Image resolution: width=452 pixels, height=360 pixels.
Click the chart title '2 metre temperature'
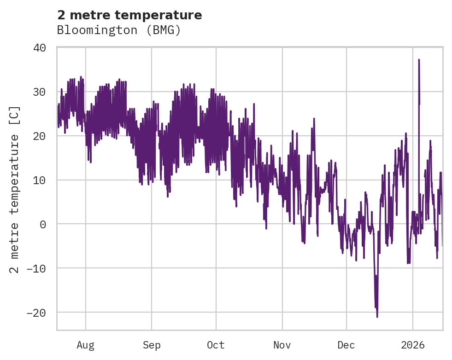129,15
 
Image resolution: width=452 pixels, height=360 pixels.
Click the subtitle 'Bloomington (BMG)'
119,30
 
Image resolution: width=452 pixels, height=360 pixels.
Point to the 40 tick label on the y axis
40,48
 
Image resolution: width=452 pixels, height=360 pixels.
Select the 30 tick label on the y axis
40,92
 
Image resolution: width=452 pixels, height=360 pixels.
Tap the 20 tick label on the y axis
40,136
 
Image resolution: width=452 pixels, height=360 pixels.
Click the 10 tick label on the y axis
40,180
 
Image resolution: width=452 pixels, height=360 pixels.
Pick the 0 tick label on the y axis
43,224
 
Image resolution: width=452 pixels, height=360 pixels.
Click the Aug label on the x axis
86,345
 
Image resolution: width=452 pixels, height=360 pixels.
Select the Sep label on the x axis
152,345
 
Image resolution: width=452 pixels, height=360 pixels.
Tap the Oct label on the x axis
216,345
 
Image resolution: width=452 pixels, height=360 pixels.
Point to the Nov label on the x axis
282,345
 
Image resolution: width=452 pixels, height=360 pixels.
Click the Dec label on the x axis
346,345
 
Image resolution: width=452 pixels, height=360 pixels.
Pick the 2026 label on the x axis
413,345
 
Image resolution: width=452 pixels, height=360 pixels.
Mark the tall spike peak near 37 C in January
419,60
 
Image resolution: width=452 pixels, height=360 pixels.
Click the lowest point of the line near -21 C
377,317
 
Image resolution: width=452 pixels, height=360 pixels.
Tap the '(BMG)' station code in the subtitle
165,30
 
